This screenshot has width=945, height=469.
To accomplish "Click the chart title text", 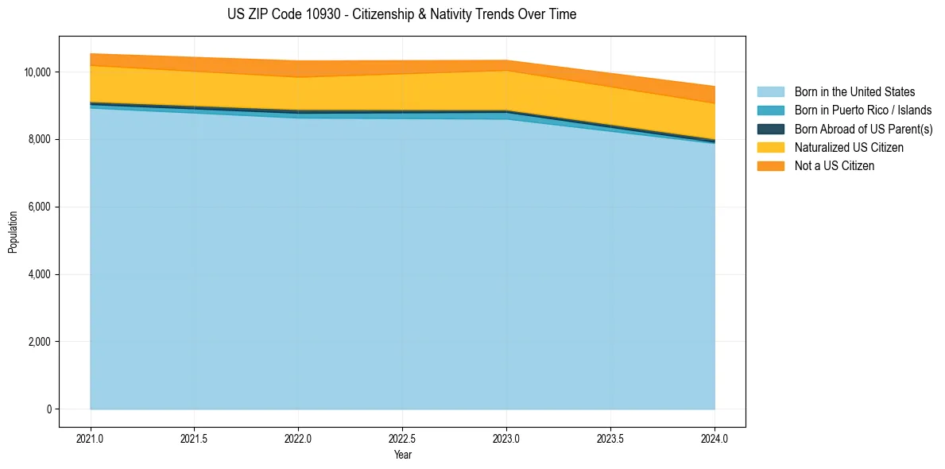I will pyautogui.click(x=401, y=14).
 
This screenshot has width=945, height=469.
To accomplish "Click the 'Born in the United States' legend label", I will pyautogui.click(x=854, y=92).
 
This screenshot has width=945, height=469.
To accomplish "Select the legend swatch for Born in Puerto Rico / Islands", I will pyautogui.click(x=770, y=110).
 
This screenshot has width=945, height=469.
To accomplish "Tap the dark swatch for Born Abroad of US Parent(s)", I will pyautogui.click(x=770, y=129).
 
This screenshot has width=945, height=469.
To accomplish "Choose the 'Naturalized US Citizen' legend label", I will pyautogui.click(x=849, y=148).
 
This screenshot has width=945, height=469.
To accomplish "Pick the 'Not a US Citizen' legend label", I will pyautogui.click(x=835, y=166).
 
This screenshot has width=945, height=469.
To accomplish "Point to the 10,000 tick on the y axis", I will pyautogui.click(x=37, y=72).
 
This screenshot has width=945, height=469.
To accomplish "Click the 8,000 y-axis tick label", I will pyautogui.click(x=39, y=140).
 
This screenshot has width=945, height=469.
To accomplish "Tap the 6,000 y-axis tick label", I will pyautogui.click(x=39, y=207).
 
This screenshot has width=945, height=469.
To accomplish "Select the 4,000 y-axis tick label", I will pyautogui.click(x=39, y=275).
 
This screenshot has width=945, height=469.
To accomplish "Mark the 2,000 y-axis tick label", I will pyautogui.click(x=39, y=343).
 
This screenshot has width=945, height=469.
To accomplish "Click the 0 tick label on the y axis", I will pyautogui.click(x=48, y=410).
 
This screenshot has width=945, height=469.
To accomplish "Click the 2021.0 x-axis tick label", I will pyautogui.click(x=91, y=438).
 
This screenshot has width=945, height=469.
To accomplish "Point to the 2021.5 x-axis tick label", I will pyautogui.click(x=195, y=438).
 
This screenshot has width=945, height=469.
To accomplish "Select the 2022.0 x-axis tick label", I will pyautogui.click(x=299, y=438).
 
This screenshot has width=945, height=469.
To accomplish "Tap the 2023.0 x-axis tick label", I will pyautogui.click(x=507, y=438).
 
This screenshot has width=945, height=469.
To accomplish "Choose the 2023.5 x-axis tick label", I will pyautogui.click(x=610, y=438).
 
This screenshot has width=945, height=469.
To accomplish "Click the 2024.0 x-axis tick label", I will pyautogui.click(x=715, y=438).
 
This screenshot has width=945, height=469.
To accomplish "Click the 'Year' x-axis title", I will pyautogui.click(x=403, y=455).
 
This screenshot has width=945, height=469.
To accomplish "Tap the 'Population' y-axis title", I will pyautogui.click(x=13, y=232).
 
